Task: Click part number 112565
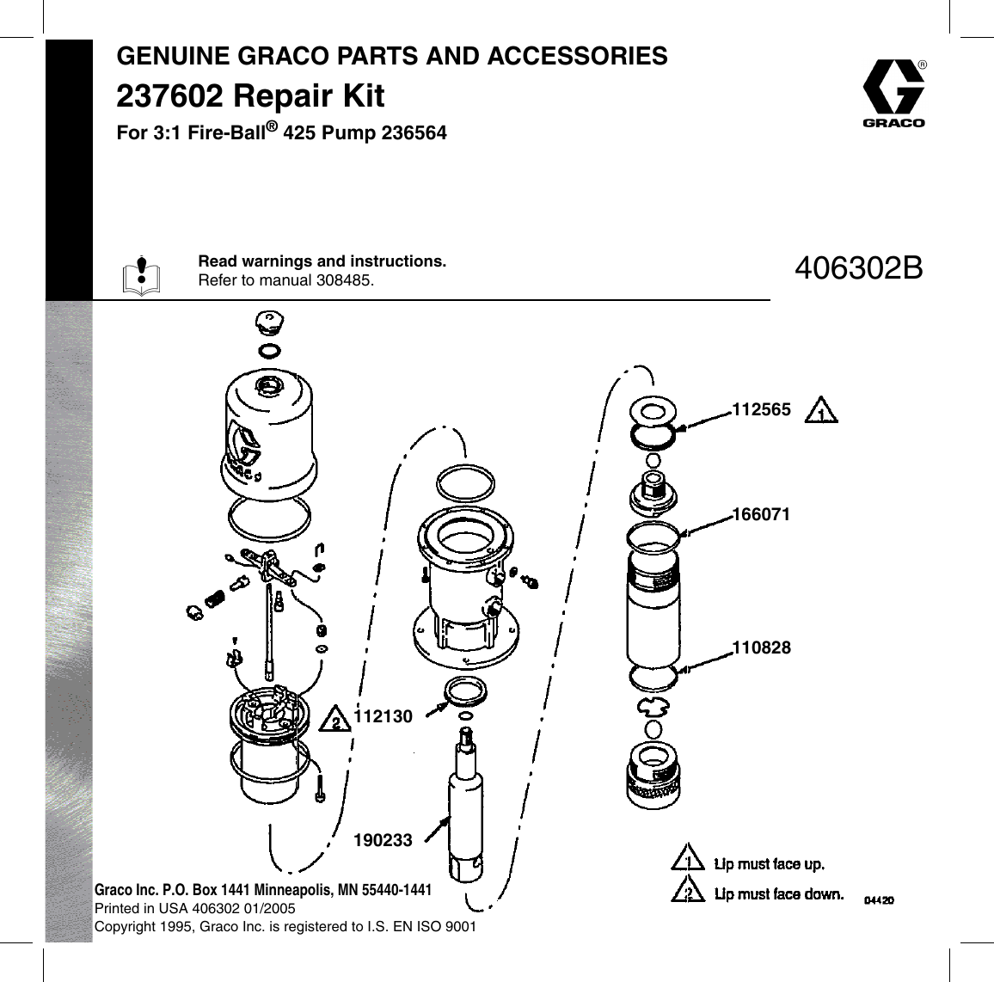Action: (761, 410)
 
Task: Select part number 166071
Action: (761, 514)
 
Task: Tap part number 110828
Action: (761, 647)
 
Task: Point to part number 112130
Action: (383, 715)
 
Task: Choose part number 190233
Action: (383, 840)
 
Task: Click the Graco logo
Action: (893, 92)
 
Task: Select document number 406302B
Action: (859, 268)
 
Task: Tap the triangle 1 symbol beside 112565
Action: (821, 412)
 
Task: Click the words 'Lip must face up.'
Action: (770, 863)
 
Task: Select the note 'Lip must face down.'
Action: (779, 894)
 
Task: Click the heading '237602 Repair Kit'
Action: (250, 95)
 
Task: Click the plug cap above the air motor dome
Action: (267, 323)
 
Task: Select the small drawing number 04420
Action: (879, 900)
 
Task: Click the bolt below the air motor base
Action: (322, 789)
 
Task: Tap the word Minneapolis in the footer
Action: (316, 890)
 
